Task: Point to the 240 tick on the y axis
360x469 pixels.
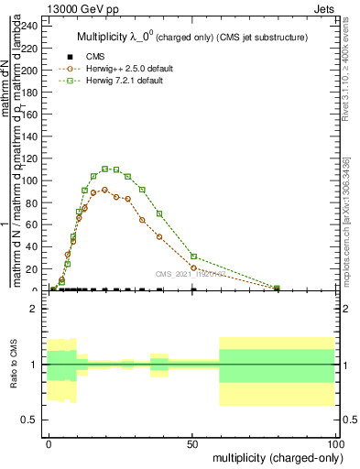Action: tap(31, 26)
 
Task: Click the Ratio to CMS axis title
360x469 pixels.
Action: tap(14, 364)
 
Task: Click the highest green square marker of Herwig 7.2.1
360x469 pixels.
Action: tap(105, 169)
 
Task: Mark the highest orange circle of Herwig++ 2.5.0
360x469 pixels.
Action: tap(105, 190)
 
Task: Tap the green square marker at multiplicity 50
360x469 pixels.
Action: tap(193, 256)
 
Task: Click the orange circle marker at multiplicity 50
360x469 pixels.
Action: tap(193, 267)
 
